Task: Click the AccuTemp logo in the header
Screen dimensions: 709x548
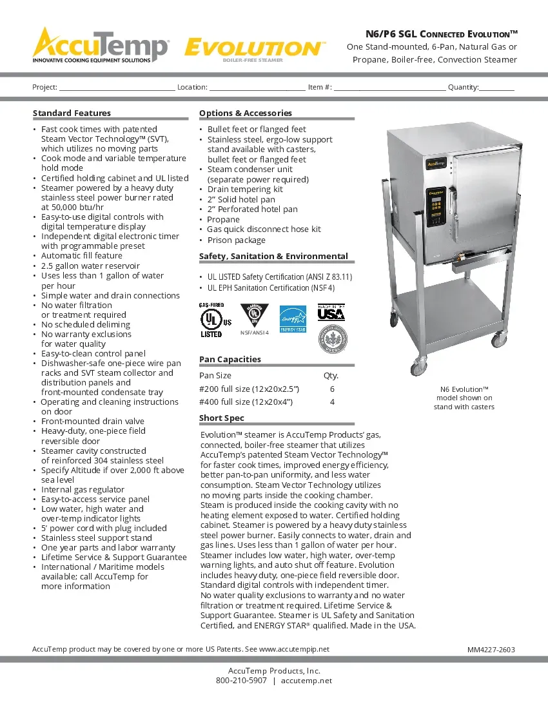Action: [101, 45]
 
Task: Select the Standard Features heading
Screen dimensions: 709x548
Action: [72, 113]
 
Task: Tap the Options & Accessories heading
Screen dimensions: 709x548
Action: [245, 113]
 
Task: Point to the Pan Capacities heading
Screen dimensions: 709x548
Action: [230, 359]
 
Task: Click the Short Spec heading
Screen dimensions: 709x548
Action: [222, 418]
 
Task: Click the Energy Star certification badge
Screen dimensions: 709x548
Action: [291, 320]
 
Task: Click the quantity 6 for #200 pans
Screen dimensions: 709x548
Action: [332, 389]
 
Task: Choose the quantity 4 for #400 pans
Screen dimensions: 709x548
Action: [332, 402]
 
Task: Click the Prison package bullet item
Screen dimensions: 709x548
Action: [236, 240]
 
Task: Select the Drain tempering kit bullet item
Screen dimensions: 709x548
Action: [245, 189]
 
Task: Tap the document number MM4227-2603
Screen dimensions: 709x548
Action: [491, 650]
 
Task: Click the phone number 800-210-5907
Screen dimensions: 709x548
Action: [241, 681]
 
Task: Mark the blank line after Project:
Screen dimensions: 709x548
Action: [117, 87]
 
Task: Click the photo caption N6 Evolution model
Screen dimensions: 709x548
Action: [464, 398]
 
